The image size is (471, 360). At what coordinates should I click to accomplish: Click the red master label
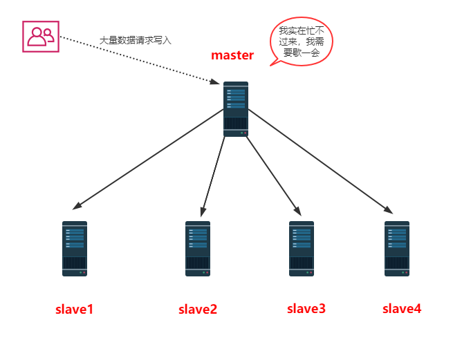coord(232,56)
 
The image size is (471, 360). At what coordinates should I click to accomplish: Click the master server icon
coord(236,109)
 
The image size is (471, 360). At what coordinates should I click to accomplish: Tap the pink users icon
coord(40,36)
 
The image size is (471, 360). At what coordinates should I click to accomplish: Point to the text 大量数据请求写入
coord(135,41)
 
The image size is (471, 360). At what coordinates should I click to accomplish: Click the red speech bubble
coord(301,41)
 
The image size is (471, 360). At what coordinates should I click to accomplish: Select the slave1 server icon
coord(75,249)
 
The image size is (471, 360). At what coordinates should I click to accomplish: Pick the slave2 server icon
coord(198,249)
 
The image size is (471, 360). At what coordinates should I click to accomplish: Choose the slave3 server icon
coord(302,249)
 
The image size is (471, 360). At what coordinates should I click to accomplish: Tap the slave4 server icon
coord(397,249)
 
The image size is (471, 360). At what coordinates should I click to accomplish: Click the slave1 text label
coord(75,310)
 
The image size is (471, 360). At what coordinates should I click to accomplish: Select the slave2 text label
coord(198,310)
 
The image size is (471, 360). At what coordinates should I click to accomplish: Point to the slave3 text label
coord(306,309)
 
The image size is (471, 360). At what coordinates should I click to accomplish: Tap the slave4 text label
coord(402,308)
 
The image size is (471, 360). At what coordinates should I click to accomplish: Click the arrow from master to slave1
coord(149,159)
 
